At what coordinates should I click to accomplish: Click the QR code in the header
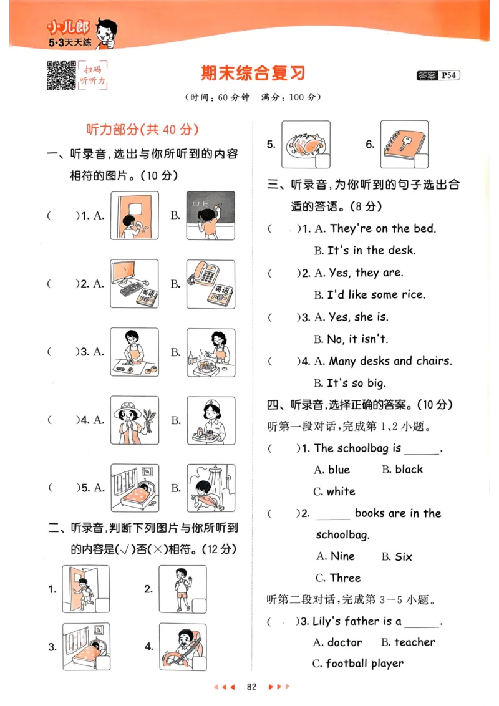click(x=61, y=75)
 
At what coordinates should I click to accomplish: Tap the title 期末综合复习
click(x=253, y=73)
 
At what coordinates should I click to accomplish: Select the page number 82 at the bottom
click(x=252, y=687)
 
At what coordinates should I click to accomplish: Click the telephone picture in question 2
click(x=211, y=284)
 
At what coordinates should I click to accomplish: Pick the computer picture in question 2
click(x=134, y=284)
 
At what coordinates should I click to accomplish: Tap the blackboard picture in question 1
click(x=211, y=215)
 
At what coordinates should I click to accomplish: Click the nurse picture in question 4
click(x=211, y=420)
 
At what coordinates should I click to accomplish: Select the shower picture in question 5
click(x=211, y=488)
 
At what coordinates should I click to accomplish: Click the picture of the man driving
click(x=183, y=647)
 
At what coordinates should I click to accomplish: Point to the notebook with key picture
click(x=405, y=144)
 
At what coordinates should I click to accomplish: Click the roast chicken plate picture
click(x=306, y=144)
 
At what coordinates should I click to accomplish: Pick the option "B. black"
click(x=402, y=470)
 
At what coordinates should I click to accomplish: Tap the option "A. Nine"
click(x=335, y=556)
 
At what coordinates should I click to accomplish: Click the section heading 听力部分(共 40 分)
click(x=142, y=130)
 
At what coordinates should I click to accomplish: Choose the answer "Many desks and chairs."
click(x=390, y=361)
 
